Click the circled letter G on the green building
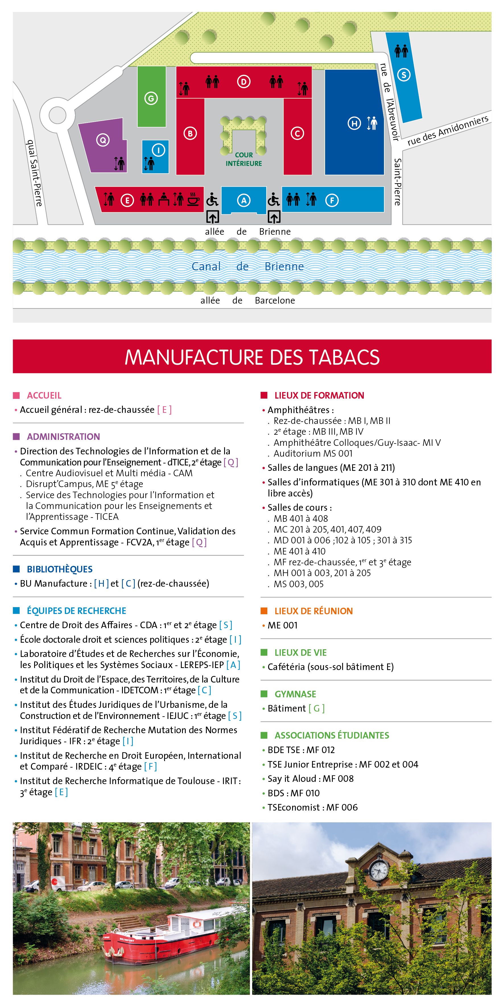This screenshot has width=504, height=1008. (151, 98)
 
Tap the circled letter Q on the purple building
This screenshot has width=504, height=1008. (103, 140)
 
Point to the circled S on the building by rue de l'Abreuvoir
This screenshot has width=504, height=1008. (404, 75)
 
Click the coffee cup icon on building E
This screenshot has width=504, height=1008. (193, 199)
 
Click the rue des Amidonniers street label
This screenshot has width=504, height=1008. (448, 130)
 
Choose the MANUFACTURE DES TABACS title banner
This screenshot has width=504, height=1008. (252, 356)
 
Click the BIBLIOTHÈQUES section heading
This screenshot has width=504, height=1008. (59, 569)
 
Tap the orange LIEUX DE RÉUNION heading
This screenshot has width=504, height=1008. (313, 611)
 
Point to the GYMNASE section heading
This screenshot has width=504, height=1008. (295, 694)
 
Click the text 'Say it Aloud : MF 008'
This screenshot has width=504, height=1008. (310, 779)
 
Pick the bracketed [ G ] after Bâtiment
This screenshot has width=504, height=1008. (317, 708)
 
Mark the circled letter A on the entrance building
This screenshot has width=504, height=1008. (244, 200)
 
